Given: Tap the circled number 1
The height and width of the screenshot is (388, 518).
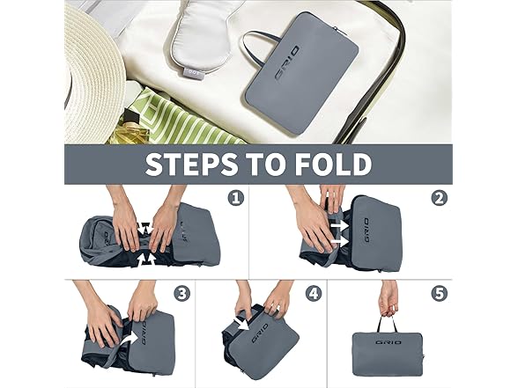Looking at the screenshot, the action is click(x=236, y=198).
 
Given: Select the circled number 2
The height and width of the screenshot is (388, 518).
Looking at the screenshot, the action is click(x=440, y=198).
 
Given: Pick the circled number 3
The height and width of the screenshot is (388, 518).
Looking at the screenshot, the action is click(x=182, y=293).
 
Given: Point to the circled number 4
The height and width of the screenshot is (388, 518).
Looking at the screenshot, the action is click(x=314, y=293).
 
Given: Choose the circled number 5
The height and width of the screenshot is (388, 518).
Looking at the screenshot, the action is click(x=440, y=293).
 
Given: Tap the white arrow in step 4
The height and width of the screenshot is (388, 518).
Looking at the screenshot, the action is click(x=242, y=323).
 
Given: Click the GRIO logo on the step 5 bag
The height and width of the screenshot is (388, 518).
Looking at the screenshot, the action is click(x=388, y=342).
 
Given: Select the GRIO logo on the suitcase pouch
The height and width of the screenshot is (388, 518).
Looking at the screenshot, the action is click(x=287, y=63).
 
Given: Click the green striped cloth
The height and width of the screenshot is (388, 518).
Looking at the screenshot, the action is click(x=185, y=119).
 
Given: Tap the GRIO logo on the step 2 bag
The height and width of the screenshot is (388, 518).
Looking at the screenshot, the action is click(x=366, y=230).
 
